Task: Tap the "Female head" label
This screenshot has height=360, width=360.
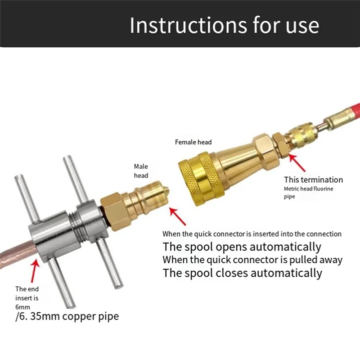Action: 193,142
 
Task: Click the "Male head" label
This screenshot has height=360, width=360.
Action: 141,171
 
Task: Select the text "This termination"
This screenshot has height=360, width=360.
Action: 313,180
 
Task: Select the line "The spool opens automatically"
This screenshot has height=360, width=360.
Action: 242,247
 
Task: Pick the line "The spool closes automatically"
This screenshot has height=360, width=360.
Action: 243,273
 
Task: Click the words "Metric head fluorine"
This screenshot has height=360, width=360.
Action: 308,189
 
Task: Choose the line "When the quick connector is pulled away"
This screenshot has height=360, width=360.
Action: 252,260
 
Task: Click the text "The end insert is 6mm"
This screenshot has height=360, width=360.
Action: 28,297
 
